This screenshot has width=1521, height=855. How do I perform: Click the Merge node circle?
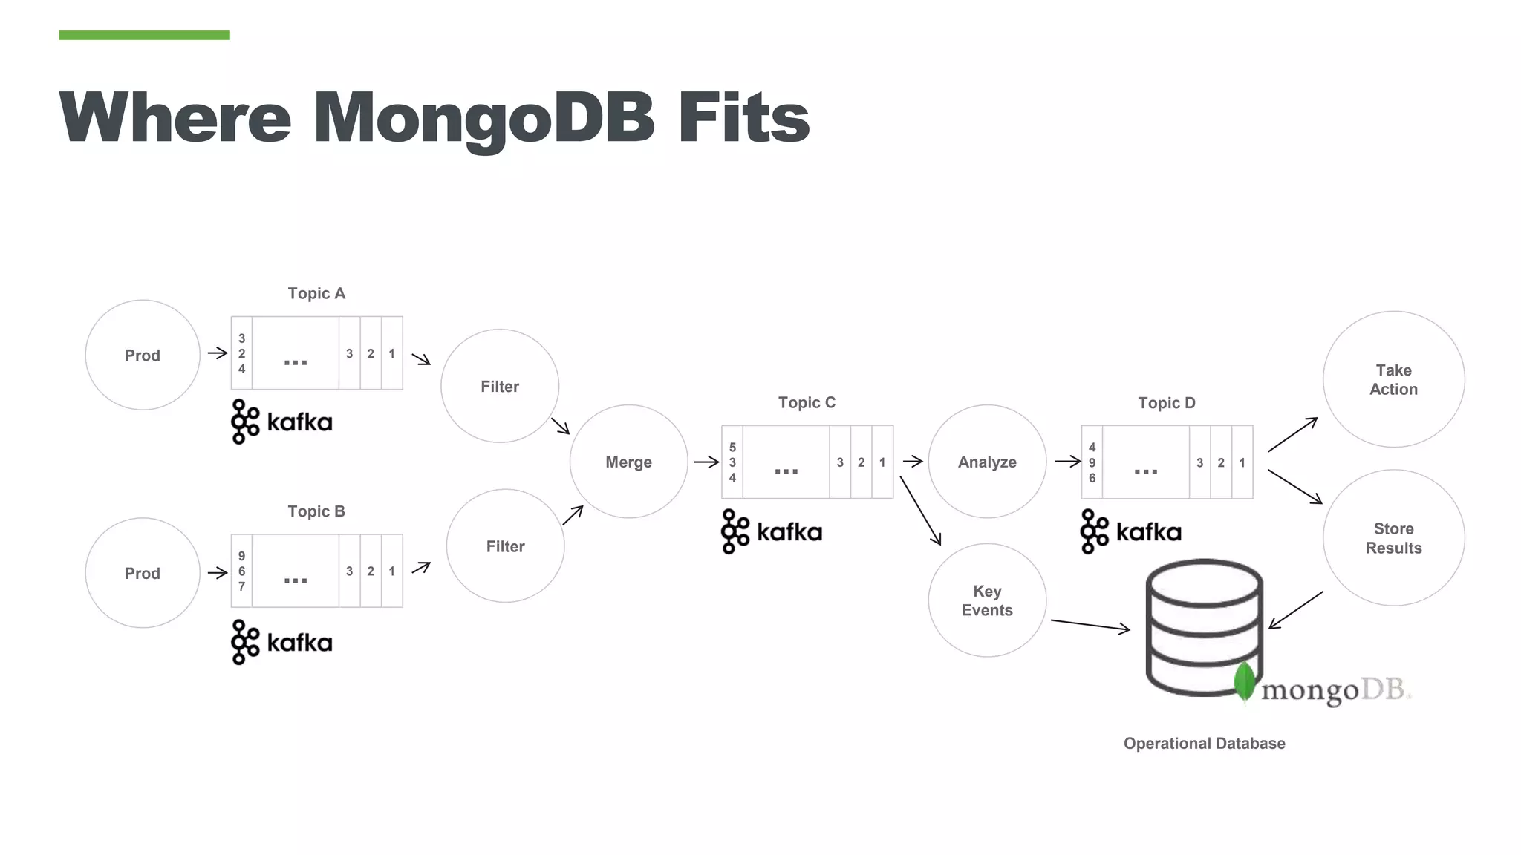(628, 462)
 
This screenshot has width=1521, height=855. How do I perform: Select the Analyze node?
(987, 462)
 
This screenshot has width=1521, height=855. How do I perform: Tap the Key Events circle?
(987, 600)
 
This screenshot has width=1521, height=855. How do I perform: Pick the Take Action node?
(1393, 379)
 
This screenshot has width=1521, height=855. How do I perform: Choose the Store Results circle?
(1393, 538)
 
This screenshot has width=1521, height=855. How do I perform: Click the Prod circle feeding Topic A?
(143, 355)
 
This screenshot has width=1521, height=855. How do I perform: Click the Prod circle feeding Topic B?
(143, 573)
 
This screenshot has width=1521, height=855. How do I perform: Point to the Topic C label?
(807, 402)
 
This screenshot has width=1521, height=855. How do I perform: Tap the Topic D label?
(1167, 403)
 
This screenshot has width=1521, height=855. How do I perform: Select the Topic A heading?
(316, 293)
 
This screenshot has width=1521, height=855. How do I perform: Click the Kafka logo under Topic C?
(772, 531)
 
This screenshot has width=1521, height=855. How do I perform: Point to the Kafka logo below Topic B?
(281, 642)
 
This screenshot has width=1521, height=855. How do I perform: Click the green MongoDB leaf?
(1245, 681)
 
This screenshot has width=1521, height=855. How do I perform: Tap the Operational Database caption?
(1204, 743)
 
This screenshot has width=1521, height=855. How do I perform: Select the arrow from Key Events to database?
(1090, 625)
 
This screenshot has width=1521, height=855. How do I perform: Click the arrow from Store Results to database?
(1296, 610)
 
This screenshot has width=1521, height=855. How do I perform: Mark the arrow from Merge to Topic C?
(706, 462)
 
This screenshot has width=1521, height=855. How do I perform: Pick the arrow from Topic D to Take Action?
(1292, 435)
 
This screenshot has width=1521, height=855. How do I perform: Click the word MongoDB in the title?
(483, 117)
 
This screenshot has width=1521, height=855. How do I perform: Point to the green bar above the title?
(144, 35)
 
